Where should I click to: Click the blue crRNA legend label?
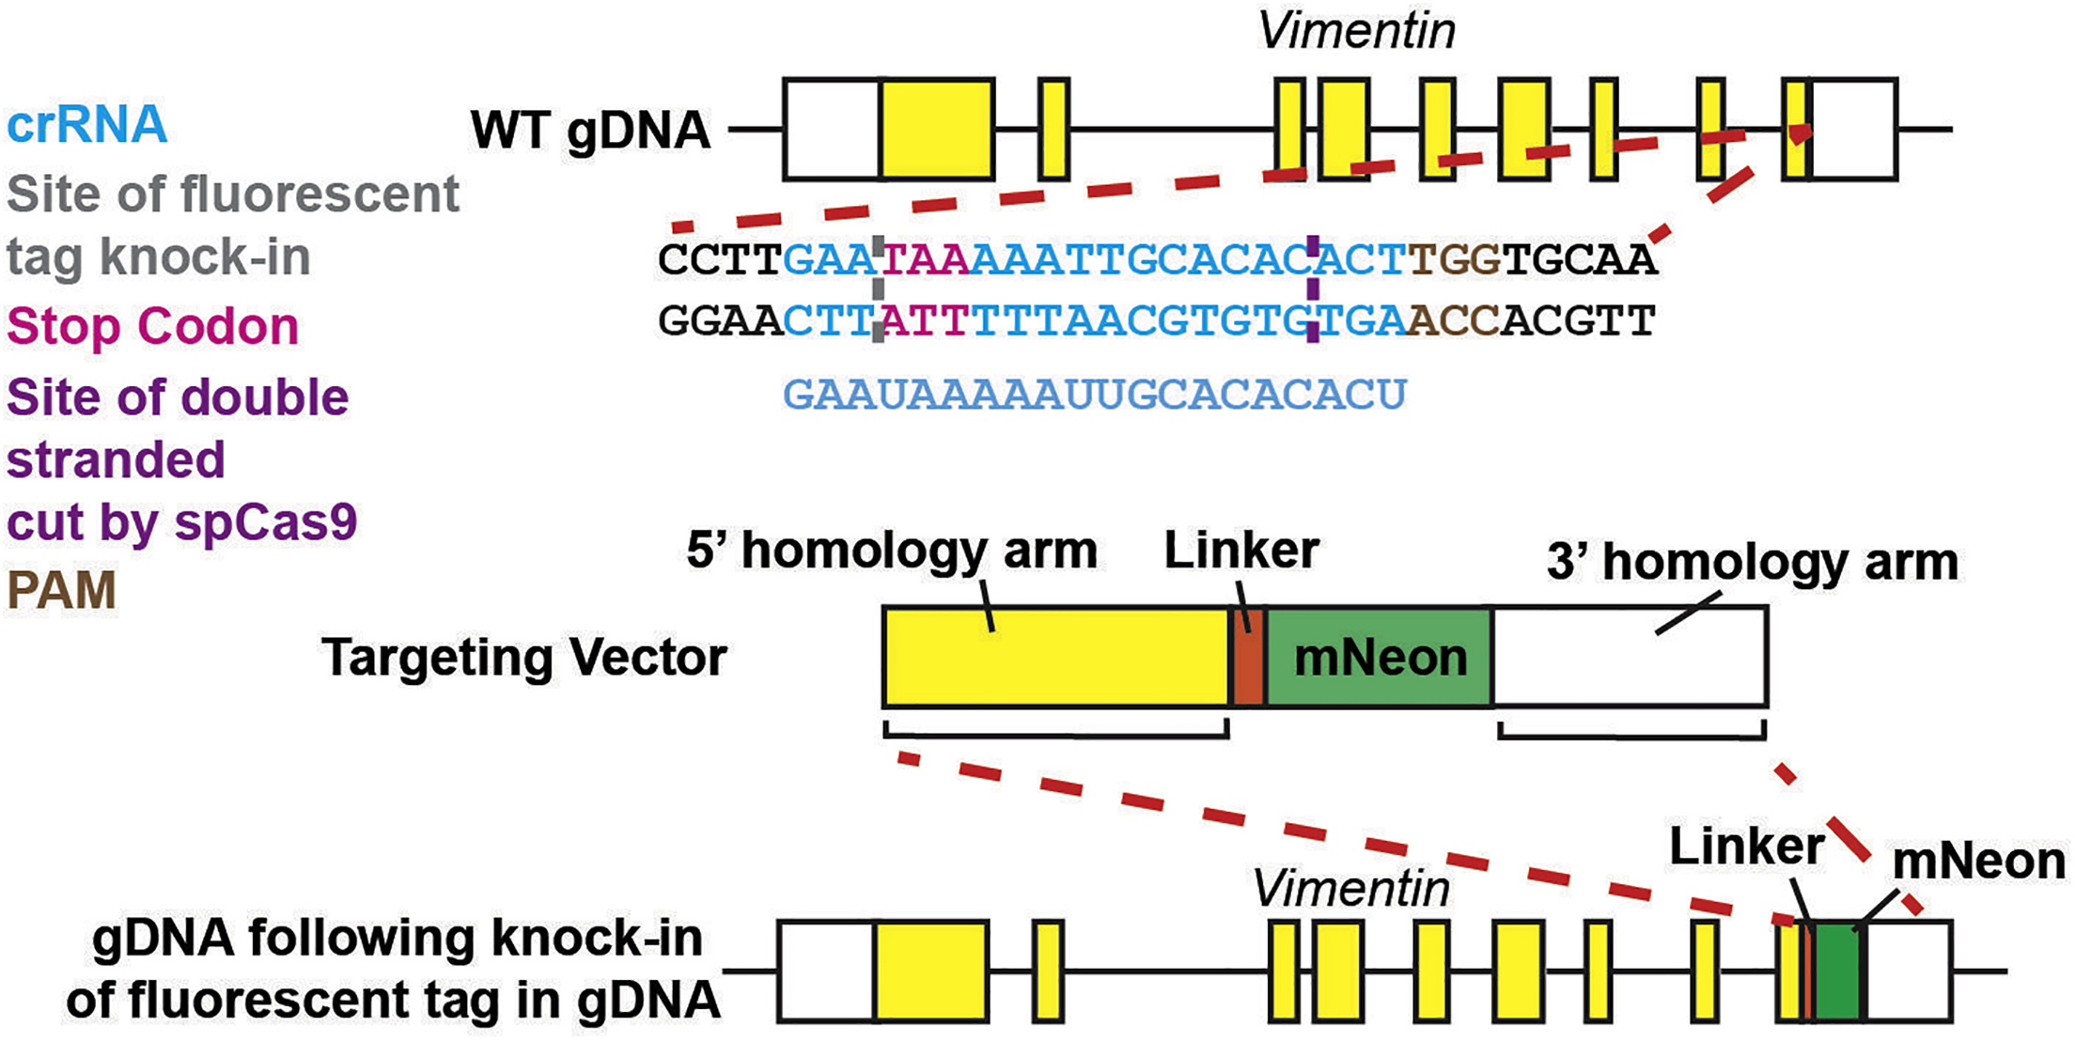[x=86, y=125]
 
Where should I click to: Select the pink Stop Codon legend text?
[x=152, y=327]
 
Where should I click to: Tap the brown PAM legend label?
[x=61, y=590]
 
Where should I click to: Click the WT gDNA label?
[x=590, y=130]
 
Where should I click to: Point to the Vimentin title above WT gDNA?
[x=1355, y=32]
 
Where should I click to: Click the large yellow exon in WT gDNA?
[x=936, y=130]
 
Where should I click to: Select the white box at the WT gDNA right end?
[x=1853, y=130]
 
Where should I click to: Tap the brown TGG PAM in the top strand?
[x=1454, y=259]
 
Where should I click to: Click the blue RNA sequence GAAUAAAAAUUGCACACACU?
[x=1094, y=395]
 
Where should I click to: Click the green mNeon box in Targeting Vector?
[x=1380, y=657]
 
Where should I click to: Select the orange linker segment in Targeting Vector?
[x=1248, y=657]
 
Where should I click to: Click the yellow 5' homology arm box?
[x=1056, y=657]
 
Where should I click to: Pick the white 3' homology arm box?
[x=1630, y=657]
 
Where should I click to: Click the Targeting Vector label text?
[x=523, y=657]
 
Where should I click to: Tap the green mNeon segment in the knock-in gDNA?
[x=1836, y=971]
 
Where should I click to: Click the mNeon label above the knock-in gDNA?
[x=1978, y=862]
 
